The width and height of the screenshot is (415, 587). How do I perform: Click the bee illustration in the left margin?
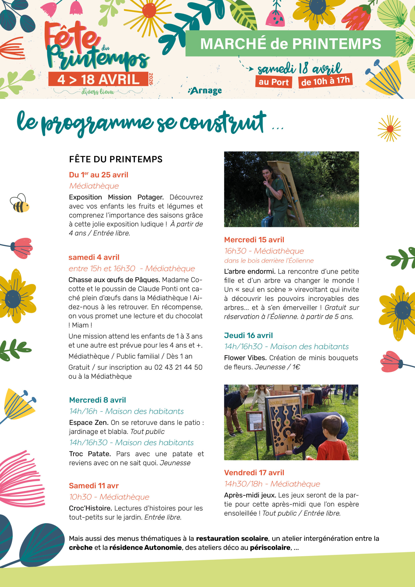19,203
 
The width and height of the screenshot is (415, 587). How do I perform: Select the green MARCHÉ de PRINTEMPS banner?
290,44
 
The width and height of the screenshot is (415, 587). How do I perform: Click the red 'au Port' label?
274,82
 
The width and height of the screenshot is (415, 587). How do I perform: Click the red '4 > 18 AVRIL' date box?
98,79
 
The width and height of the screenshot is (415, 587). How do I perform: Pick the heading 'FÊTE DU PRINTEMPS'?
116,159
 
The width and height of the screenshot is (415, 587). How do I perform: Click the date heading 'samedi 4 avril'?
94,257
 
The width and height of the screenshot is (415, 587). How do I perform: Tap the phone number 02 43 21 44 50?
178,367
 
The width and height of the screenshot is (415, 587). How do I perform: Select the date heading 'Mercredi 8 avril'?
97,400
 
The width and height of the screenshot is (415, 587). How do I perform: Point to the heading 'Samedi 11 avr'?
94,485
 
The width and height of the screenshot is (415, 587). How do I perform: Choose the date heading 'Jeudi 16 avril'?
248,335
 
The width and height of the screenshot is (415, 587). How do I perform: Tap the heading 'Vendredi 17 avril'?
254,472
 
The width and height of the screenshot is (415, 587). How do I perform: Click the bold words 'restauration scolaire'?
232,538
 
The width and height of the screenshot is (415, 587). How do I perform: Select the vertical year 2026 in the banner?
151,79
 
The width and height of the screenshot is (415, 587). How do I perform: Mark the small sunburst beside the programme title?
389,129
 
